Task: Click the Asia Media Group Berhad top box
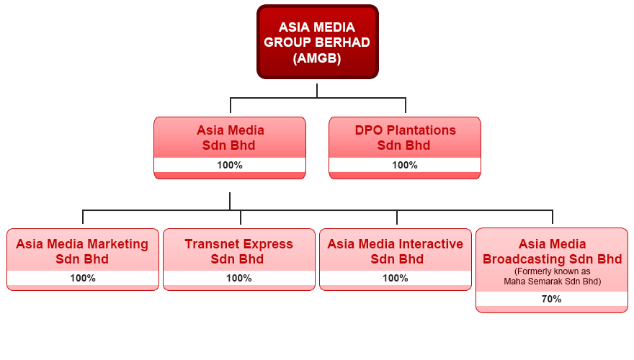(x=318, y=42)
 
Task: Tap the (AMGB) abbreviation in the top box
(x=317, y=58)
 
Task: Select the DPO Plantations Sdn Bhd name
(x=405, y=138)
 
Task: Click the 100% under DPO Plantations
(x=405, y=165)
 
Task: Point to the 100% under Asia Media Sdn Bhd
(x=230, y=165)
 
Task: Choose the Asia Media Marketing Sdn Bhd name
(x=82, y=251)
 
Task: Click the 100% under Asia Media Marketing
(x=82, y=278)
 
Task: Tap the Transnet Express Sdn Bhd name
(x=238, y=251)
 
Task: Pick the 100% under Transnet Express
(x=238, y=278)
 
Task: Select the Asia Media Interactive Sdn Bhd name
(x=395, y=251)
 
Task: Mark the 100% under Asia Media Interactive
(x=395, y=278)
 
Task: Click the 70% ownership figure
(x=552, y=299)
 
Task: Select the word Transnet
(x=208, y=244)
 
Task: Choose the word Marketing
(x=117, y=245)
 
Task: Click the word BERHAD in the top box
(x=342, y=42)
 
